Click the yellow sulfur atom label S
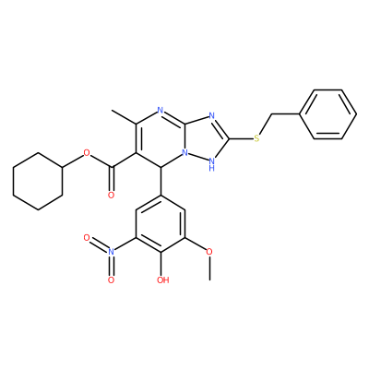[x=257, y=138]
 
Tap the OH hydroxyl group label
[x=163, y=280]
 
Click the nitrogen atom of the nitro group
[x=111, y=252]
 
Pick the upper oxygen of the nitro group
[x=87, y=237]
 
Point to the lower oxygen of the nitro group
[x=111, y=280]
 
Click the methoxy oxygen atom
[x=209, y=252]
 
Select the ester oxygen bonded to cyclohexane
[x=87, y=152]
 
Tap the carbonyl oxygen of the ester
[x=111, y=195]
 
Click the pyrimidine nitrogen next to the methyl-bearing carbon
[x=160, y=110]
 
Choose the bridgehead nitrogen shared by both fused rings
[x=184, y=152]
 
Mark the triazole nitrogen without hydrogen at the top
[x=211, y=115]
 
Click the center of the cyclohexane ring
[x=38, y=182]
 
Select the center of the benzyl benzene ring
[x=328, y=114]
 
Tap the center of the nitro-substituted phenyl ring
[x=161, y=223]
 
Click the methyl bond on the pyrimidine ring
[x=124, y=117]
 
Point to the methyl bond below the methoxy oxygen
[x=209, y=268]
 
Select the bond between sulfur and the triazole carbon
[x=241, y=138]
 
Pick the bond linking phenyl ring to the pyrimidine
[x=161, y=181]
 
